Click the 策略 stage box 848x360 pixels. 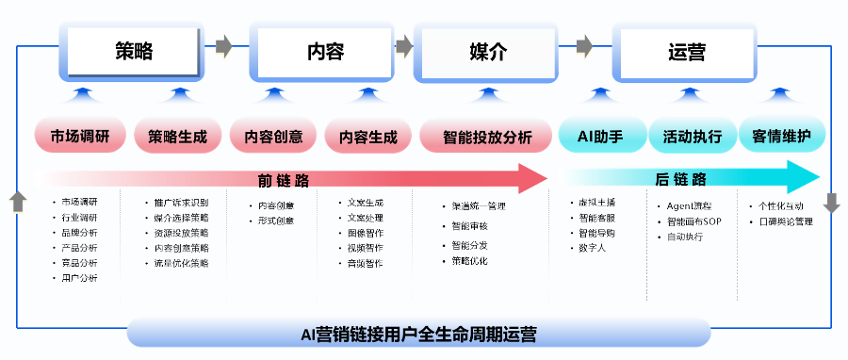pos(135,51)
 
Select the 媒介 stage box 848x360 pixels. pos(487,51)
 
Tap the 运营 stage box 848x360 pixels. pos(686,51)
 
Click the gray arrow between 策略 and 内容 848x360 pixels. pos(223,45)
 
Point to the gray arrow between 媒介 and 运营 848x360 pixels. pos(583,45)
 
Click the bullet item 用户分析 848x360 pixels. pos(79,278)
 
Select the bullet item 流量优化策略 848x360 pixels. pos(182,263)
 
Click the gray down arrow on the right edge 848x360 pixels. pos(831,202)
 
